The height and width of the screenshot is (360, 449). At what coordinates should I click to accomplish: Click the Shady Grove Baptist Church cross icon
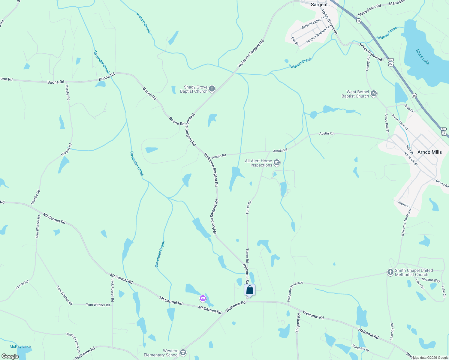coord(212,88)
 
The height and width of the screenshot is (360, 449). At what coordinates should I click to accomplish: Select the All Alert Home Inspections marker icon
coord(277,163)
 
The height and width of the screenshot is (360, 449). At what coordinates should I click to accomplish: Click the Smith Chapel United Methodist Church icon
coord(390,272)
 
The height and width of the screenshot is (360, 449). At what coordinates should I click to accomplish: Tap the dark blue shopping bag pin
coord(249,290)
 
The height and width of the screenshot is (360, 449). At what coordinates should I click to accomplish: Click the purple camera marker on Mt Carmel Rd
coord(203,298)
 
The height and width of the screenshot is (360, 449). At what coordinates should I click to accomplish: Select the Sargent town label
coord(319,4)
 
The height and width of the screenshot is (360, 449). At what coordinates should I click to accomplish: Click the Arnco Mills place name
coord(429,152)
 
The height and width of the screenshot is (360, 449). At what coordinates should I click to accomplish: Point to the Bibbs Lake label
coord(423,57)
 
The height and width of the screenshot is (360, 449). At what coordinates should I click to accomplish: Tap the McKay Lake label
coord(20,346)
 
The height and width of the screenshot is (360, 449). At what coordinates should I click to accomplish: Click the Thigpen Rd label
coord(298,323)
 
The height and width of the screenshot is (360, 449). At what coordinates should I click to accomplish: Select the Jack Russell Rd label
coord(113,290)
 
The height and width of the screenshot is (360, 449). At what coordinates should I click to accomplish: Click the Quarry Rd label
coord(368,64)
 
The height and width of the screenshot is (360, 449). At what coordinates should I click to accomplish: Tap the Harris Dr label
coord(404,204)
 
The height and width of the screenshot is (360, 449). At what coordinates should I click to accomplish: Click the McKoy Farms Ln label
coord(74,342)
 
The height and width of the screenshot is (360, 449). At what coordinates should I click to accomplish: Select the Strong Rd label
coord(22,285)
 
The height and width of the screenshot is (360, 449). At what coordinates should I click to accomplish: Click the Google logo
coord(10,356)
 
